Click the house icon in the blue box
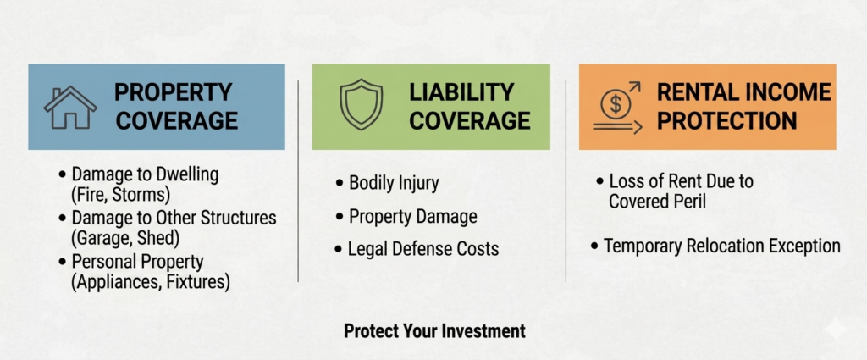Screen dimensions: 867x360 click(70, 108)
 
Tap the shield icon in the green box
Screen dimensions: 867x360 click(361, 104)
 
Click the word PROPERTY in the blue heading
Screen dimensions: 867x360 click(173, 91)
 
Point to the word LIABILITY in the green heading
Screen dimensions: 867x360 click(461, 91)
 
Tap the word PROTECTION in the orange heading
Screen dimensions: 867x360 click(727, 120)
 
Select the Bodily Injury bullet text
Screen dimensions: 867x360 click(394, 183)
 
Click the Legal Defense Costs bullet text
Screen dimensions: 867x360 click(423, 249)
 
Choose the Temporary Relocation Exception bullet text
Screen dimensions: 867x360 click(722, 246)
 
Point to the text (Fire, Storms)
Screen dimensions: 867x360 click(120, 195)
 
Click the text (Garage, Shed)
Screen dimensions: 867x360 click(126, 238)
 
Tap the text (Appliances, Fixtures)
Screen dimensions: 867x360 click(151, 282)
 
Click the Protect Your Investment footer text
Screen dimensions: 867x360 click(434, 330)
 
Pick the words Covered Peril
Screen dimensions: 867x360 click(657, 202)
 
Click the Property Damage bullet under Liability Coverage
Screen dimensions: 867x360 click(413, 216)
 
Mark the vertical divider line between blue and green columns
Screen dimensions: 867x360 click(298, 180)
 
